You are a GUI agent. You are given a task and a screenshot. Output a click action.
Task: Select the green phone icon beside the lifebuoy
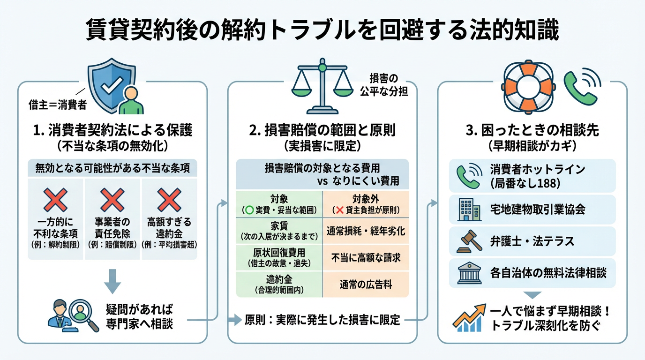click(x=582, y=87)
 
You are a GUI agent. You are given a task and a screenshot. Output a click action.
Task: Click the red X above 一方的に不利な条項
click(x=56, y=200)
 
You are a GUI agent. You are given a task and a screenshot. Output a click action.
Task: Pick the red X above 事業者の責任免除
click(x=112, y=200)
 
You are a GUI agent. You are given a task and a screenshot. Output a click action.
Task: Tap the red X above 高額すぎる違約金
click(x=169, y=200)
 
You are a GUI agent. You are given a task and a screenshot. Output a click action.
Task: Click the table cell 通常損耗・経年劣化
click(x=366, y=231)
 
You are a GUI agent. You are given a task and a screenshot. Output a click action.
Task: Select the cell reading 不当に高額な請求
click(x=366, y=257)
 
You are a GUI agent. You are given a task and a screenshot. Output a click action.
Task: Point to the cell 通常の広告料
click(x=366, y=284)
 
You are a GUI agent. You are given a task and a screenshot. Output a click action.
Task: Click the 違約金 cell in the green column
click(x=278, y=284)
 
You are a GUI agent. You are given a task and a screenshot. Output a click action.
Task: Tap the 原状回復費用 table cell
click(x=278, y=257)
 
